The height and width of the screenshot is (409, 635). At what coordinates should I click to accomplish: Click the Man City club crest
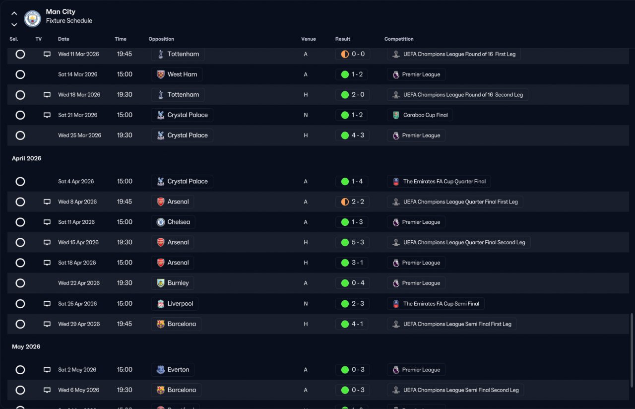(32, 18)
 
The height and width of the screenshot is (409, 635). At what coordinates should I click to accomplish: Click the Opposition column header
(161, 39)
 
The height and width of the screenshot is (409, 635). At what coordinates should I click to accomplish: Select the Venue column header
(308, 39)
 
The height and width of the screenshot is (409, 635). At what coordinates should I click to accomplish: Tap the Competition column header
(399, 39)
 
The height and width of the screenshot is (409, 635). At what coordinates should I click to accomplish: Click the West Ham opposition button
(177, 74)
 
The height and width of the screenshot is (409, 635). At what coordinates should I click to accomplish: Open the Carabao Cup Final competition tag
(420, 115)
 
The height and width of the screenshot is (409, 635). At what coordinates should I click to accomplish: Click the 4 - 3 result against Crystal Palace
(352, 136)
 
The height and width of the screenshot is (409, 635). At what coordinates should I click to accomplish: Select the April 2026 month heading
(27, 158)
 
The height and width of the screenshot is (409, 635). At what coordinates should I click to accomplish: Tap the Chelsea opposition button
(173, 222)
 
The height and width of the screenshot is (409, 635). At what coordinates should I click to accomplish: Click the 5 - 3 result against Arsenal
(352, 243)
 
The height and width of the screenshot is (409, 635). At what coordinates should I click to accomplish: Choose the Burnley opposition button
(173, 283)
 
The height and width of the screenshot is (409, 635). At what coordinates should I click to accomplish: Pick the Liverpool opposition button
(175, 304)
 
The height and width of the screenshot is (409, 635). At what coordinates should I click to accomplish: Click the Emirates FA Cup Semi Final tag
(436, 304)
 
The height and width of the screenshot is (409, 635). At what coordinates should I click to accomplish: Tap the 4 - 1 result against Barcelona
(352, 324)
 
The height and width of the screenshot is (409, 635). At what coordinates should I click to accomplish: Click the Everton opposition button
(173, 370)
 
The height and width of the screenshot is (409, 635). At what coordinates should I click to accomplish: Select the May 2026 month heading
(26, 346)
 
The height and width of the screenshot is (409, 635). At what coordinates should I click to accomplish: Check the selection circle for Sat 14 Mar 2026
(20, 74)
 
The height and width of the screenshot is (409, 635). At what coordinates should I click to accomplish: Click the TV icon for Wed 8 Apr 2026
(47, 202)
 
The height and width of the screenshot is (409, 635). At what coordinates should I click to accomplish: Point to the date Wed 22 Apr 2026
(79, 283)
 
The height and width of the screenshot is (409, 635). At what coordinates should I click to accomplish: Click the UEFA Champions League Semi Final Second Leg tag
(455, 390)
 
